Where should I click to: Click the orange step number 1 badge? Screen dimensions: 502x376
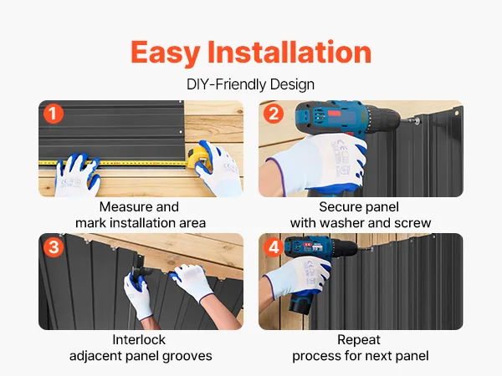(x=54, y=114)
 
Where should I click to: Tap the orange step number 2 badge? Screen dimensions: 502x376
(x=274, y=114)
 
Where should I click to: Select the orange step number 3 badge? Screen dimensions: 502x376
(x=54, y=247)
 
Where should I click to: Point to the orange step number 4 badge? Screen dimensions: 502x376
(x=274, y=247)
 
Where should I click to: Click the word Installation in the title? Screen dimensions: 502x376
(x=289, y=52)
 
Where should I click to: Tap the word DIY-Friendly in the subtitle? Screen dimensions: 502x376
(x=227, y=84)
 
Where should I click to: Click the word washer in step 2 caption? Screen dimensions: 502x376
(x=342, y=223)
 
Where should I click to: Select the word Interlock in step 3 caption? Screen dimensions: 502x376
(x=139, y=340)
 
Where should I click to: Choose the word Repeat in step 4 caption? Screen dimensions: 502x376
(x=359, y=340)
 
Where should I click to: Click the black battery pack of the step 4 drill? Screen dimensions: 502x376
(x=301, y=305)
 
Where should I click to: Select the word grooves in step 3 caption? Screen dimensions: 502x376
(x=191, y=357)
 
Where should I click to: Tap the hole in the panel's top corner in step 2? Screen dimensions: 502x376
(x=457, y=113)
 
